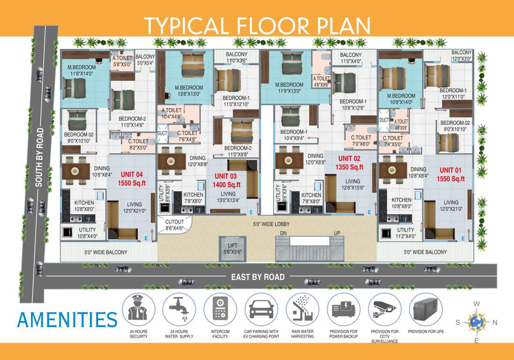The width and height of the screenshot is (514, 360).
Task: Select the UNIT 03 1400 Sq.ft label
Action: (228, 180)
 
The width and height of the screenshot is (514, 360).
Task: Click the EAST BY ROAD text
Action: (258, 277)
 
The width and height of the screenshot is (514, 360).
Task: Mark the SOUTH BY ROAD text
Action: (39, 157)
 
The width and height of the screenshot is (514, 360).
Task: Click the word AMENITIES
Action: (67, 319)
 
